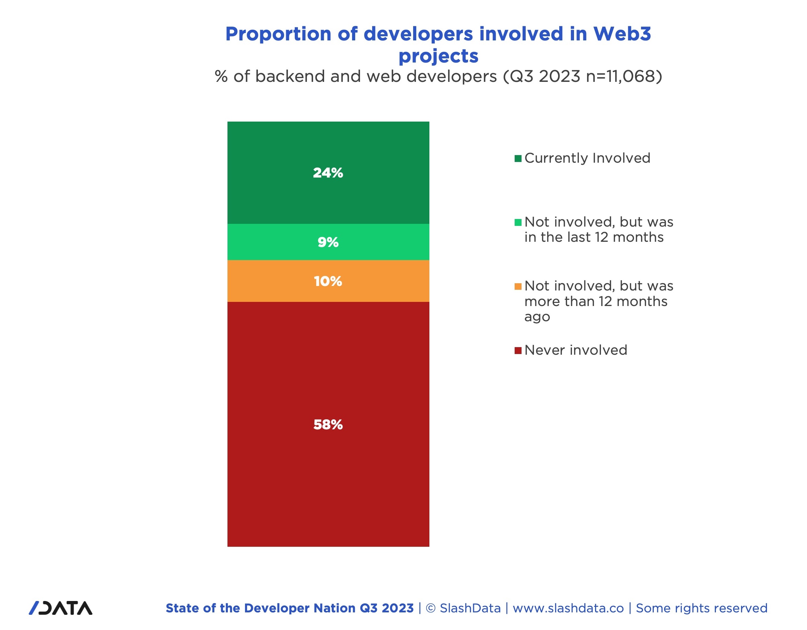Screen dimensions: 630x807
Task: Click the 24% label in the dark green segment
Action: pyautogui.click(x=328, y=173)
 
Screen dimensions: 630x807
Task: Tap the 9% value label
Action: pyautogui.click(x=328, y=242)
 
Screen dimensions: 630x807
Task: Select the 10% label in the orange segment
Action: pyautogui.click(x=328, y=281)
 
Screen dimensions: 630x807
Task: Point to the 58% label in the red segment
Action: pyautogui.click(x=328, y=424)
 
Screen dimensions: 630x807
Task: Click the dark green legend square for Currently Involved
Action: pyautogui.click(x=518, y=159)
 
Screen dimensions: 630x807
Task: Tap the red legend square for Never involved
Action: pyautogui.click(x=518, y=350)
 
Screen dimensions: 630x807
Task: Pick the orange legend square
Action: pyautogui.click(x=518, y=286)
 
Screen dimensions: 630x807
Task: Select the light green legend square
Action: pyautogui.click(x=518, y=222)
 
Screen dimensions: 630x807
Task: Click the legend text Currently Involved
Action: pyautogui.click(x=587, y=158)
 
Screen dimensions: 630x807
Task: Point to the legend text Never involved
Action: pyautogui.click(x=576, y=350)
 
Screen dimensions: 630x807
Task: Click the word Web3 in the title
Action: pyautogui.click(x=622, y=34)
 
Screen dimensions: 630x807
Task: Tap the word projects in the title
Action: pyautogui.click(x=438, y=56)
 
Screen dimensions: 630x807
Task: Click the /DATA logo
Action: pyautogui.click(x=61, y=608)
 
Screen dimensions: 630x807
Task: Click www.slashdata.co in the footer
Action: pyautogui.click(x=568, y=608)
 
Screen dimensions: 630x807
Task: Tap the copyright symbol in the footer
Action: pyautogui.click(x=430, y=608)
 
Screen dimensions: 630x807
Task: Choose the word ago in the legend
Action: pyautogui.click(x=537, y=317)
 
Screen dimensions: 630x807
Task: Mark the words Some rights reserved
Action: pyautogui.click(x=701, y=608)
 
